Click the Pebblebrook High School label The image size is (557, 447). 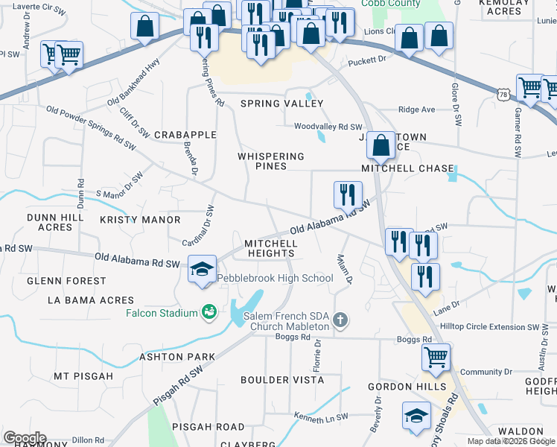tap(276, 279)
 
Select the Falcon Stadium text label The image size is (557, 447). tap(162, 313)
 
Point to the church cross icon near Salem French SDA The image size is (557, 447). tap(340, 320)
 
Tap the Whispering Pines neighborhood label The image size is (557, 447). tap(271, 161)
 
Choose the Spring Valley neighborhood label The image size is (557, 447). tap(271, 104)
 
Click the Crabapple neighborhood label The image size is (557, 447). tap(185, 135)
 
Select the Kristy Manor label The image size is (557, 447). tap(140, 220)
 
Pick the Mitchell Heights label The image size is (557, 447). tap(271, 248)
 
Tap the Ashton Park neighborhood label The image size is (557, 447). tap(177, 357)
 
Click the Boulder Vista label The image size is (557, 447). tap(275, 380)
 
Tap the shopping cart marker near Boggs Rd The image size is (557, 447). tap(436, 357)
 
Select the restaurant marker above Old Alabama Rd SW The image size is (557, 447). tap(348, 195)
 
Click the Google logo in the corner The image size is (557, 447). tap(24, 438)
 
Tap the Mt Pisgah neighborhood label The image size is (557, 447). tap(83, 376)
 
